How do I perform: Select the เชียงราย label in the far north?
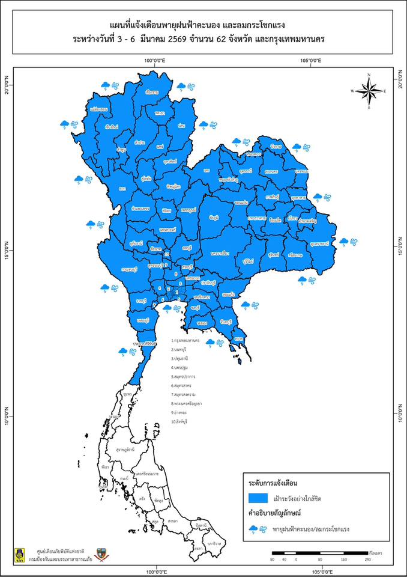(x=151, y=93)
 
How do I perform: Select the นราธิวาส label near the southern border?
(x=215, y=543)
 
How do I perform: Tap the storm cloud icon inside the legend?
(x=256, y=529)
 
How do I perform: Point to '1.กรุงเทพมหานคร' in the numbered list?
(x=189, y=340)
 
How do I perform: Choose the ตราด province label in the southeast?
(x=238, y=340)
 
